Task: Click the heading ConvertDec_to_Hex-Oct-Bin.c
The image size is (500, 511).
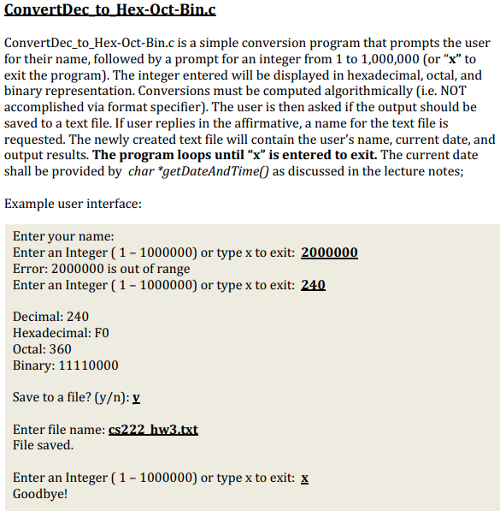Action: pyautogui.click(x=109, y=11)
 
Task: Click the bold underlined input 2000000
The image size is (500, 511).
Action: pyautogui.click(x=330, y=253)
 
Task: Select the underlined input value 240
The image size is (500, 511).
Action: pyautogui.click(x=314, y=285)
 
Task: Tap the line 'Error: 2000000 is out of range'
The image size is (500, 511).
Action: pyautogui.click(x=102, y=269)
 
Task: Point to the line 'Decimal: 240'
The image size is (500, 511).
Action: pyautogui.click(x=50, y=317)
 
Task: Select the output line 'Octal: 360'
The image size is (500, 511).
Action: pyautogui.click(x=43, y=349)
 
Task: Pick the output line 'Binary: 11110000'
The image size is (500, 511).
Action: pyautogui.click(x=66, y=365)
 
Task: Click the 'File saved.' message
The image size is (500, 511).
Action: pyautogui.click(x=44, y=445)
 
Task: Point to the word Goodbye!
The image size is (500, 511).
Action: pyautogui.click(x=40, y=494)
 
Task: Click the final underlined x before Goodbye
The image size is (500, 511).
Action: pyautogui.click(x=305, y=478)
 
